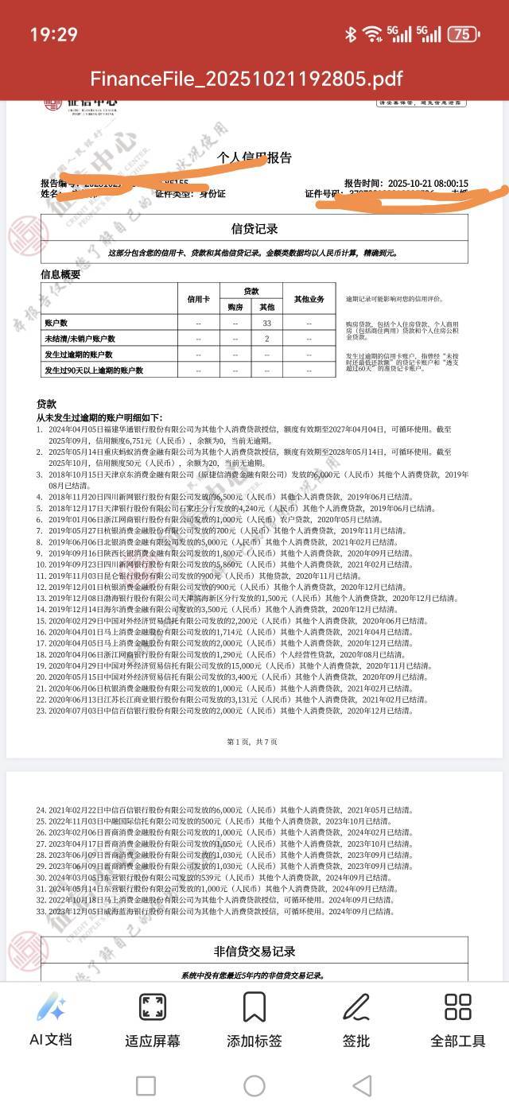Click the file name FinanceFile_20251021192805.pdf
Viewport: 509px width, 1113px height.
tap(247, 78)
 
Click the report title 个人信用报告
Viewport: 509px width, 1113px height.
tap(254, 158)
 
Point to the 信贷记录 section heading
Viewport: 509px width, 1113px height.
tap(254, 229)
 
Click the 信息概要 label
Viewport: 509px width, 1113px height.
tap(60, 274)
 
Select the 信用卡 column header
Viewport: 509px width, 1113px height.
tap(199, 300)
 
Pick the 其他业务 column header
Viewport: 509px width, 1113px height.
tap(309, 300)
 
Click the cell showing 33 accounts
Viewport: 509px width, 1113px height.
tap(267, 324)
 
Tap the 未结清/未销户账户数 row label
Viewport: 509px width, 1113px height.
tap(80, 339)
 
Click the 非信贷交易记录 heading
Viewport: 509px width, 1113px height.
tap(254, 952)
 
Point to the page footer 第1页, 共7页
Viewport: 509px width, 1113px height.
tap(252, 742)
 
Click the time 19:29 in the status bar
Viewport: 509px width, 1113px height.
tap(54, 34)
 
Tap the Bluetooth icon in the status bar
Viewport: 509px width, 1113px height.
tap(351, 34)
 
